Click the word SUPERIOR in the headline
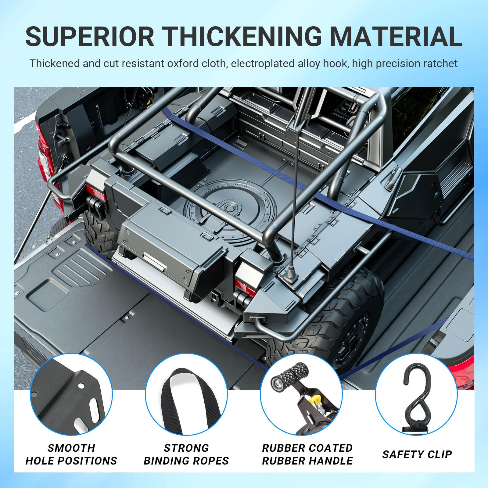[x=90, y=37]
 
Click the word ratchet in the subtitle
[x=440, y=63]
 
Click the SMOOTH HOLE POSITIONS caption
[x=71, y=454]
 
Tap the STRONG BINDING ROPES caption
[x=186, y=454]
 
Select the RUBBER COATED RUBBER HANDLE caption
[x=307, y=454]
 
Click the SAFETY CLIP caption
[x=417, y=454]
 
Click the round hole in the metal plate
[x=81, y=386]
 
